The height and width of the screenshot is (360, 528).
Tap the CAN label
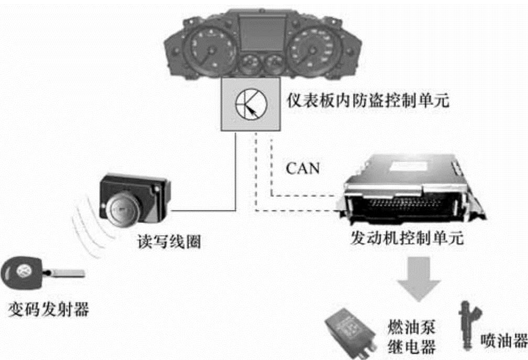point(303,169)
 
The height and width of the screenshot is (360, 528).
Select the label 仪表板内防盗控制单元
point(365,101)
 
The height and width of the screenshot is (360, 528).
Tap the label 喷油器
point(503,342)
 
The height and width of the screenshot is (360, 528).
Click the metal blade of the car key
point(66,272)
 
